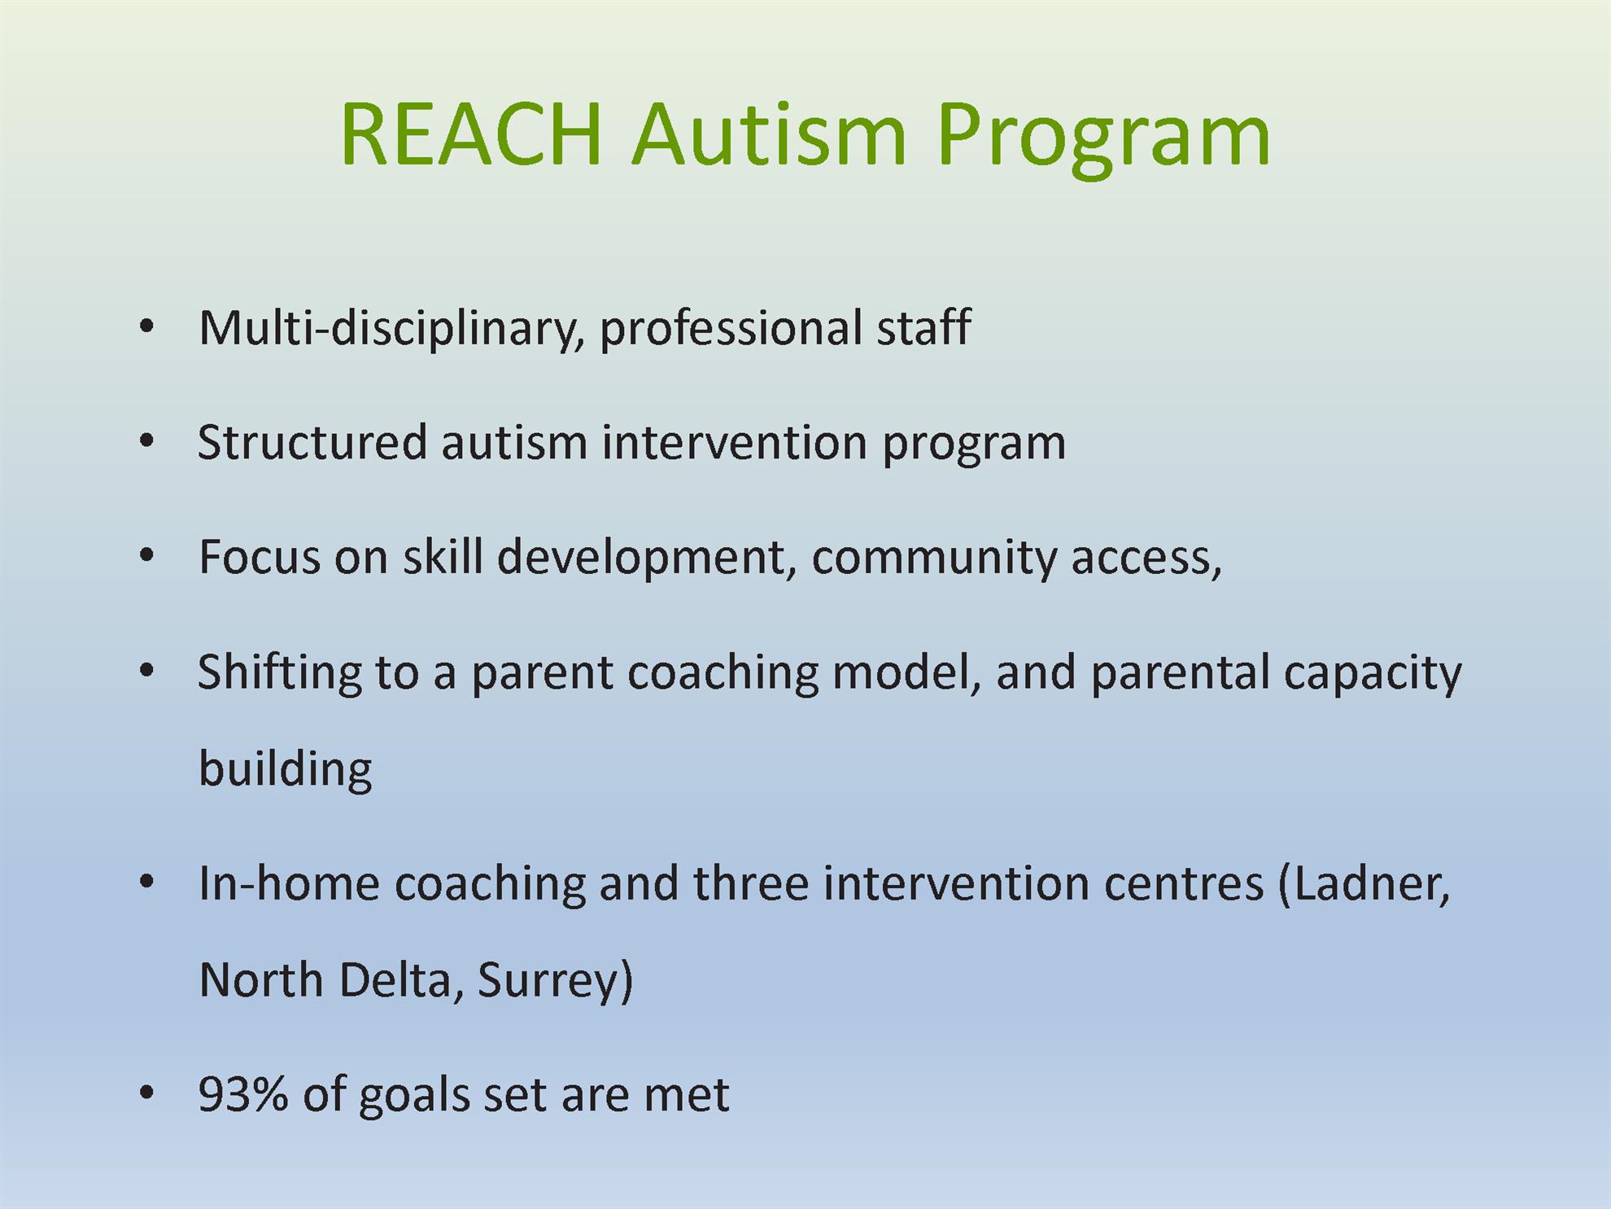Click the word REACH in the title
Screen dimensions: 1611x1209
(471, 134)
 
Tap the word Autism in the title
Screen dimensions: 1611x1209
(770, 134)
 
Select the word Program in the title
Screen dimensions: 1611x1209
(1104, 138)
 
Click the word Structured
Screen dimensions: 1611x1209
(312, 442)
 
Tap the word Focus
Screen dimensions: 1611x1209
(260, 558)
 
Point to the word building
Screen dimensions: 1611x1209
(286, 768)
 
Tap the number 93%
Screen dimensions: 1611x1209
(243, 1094)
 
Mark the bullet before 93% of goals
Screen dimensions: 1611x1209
(146, 1093)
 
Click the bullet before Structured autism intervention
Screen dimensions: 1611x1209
(146, 441)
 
